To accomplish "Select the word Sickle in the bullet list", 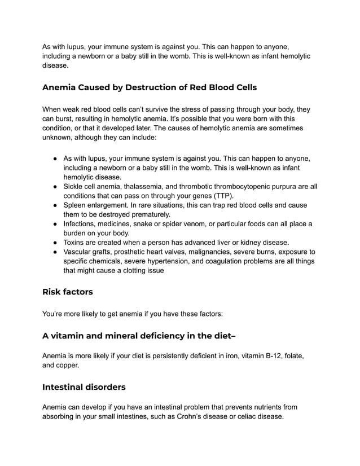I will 75,187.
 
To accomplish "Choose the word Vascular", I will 80,252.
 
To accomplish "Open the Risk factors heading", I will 68,292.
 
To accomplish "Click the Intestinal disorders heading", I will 84,387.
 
